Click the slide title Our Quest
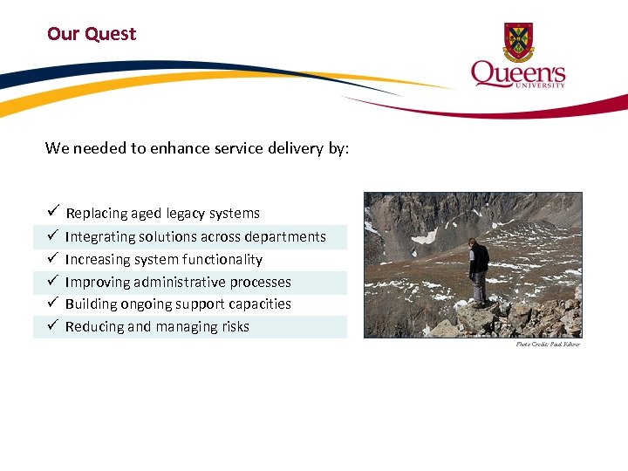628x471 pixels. pyautogui.click(x=92, y=34)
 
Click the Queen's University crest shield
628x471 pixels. pyautogui.click(x=518, y=42)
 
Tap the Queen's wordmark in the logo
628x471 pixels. pyautogui.click(x=517, y=72)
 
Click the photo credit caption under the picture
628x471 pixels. pyautogui.click(x=547, y=345)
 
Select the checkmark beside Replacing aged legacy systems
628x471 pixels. pyautogui.click(x=52, y=213)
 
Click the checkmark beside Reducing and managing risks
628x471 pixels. pyautogui.click(x=52, y=326)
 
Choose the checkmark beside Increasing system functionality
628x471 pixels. pyautogui.click(x=52, y=259)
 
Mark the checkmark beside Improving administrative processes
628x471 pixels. pyautogui.click(x=52, y=282)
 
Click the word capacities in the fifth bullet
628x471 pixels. pyautogui.click(x=261, y=304)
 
